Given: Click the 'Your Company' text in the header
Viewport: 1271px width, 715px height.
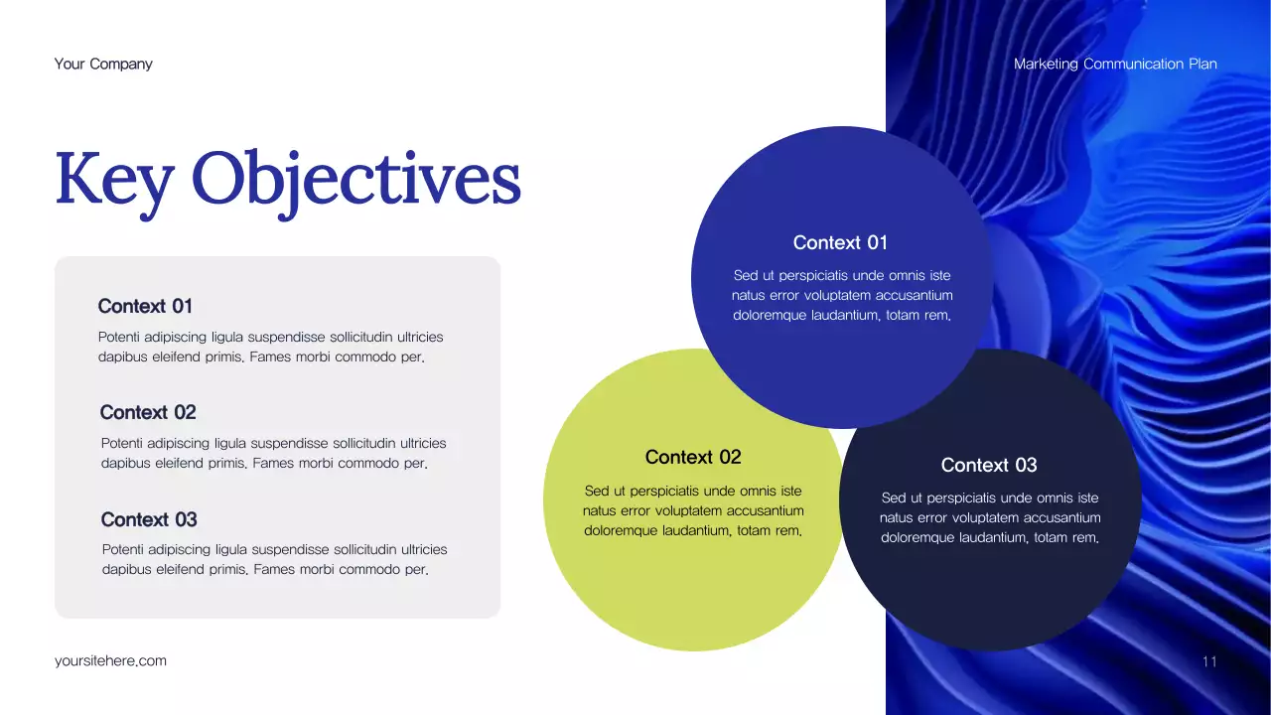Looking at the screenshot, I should click(103, 64).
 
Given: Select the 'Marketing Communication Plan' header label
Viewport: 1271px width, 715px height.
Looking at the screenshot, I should click(1115, 64).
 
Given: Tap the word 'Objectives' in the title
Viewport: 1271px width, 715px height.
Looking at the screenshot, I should click(355, 181).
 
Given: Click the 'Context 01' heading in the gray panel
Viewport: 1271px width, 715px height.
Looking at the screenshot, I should click(145, 306).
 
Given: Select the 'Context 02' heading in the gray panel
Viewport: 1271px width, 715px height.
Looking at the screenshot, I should click(148, 412).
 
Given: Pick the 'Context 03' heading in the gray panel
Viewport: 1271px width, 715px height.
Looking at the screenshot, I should click(149, 519).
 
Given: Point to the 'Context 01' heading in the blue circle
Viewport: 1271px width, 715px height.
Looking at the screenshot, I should click(840, 242).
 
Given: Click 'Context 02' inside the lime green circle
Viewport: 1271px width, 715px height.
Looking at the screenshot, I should click(693, 457).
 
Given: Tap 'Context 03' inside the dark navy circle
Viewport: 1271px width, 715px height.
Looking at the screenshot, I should click(989, 465).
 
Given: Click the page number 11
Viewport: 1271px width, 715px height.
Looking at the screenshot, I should click(1208, 661).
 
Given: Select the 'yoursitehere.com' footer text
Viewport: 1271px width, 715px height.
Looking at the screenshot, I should click(110, 660).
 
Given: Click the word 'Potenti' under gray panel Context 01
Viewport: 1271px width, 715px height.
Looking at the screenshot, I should click(120, 338).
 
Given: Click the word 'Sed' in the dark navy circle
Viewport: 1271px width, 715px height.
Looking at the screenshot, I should click(894, 498).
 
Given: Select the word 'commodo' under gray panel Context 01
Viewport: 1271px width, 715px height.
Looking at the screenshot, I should click(366, 357).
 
